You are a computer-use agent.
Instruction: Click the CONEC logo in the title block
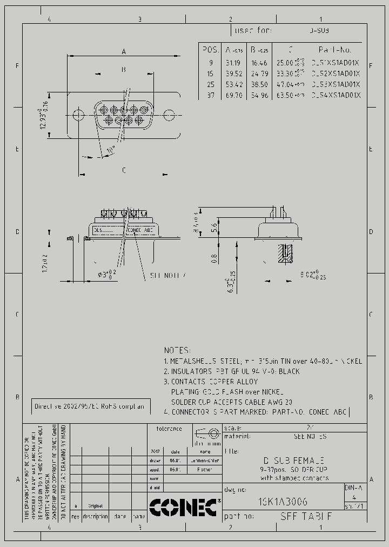(x=184, y=507)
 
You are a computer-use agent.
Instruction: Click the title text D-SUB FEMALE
(x=293, y=460)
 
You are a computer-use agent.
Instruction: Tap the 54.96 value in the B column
(x=259, y=95)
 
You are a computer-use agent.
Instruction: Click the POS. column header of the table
(x=211, y=50)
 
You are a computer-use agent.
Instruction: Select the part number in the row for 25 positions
(x=336, y=84)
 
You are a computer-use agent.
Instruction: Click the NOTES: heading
(x=177, y=350)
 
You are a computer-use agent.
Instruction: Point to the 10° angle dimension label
(x=110, y=149)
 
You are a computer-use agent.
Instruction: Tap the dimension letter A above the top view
(x=124, y=52)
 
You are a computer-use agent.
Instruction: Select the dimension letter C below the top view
(x=124, y=170)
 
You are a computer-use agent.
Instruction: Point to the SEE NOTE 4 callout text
(x=168, y=275)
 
